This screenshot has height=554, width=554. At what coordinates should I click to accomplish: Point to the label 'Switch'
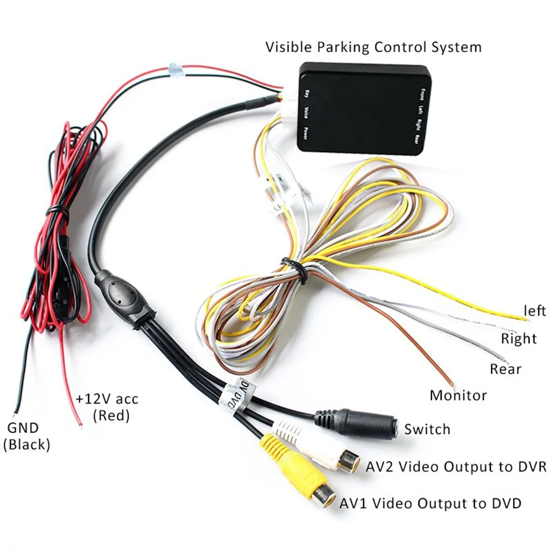427,429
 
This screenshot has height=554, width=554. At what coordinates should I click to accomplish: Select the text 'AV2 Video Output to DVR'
457,466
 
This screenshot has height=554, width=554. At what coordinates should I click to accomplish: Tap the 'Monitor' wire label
458,395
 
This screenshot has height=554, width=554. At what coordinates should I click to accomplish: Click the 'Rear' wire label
505,368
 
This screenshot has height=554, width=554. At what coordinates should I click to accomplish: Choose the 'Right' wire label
519,338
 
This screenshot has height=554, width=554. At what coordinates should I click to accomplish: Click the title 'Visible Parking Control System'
373,46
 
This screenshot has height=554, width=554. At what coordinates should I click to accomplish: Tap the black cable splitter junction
124,293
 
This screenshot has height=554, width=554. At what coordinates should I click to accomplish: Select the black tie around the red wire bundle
56,211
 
